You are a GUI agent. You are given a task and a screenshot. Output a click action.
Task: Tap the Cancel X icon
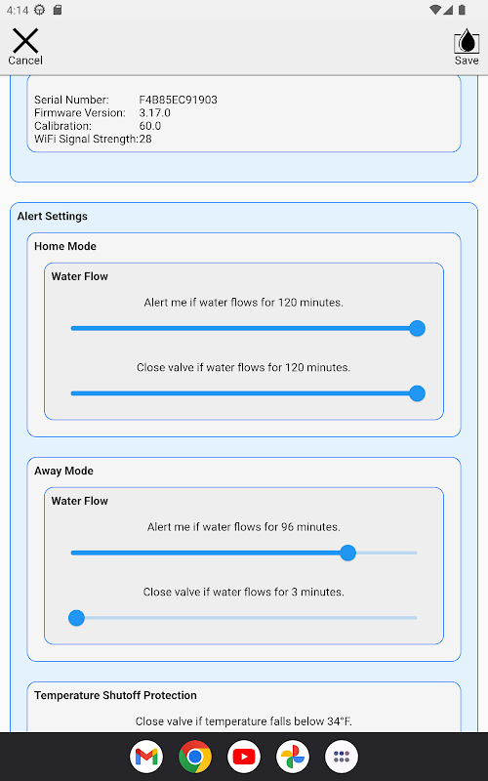tap(25, 40)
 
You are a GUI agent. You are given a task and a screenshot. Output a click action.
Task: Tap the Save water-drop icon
tap(467, 40)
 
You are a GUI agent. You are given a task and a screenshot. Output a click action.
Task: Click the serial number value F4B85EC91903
tap(179, 100)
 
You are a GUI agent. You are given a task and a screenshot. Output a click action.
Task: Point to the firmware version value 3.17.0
tap(155, 112)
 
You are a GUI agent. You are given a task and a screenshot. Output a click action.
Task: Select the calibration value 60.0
tap(150, 126)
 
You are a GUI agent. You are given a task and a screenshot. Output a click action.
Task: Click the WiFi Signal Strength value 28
tap(145, 139)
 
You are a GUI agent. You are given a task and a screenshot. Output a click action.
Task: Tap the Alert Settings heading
tap(53, 216)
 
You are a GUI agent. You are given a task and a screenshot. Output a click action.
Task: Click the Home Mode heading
tap(65, 246)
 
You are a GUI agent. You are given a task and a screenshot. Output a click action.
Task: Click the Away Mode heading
tap(63, 471)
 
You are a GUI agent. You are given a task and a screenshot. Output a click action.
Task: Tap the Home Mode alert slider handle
tap(418, 328)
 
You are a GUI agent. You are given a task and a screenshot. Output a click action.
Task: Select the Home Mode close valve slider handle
tap(418, 393)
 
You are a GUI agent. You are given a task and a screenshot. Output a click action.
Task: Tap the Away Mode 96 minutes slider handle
tap(348, 553)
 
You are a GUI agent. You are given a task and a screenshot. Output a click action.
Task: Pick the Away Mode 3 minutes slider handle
tap(77, 618)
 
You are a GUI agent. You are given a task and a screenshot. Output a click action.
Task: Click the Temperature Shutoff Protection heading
tap(115, 695)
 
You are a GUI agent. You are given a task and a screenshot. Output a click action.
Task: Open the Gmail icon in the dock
tap(146, 758)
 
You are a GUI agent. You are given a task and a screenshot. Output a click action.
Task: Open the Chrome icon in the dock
tap(195, 758)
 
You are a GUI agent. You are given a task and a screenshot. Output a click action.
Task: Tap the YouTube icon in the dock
tap(244, 758)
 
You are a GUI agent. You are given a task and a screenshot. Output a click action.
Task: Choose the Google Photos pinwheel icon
tap(293, 758)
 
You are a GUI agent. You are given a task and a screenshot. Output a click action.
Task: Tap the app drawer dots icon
tap(342, 758)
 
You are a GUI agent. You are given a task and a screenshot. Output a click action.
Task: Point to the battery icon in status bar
tap(462, 10)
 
